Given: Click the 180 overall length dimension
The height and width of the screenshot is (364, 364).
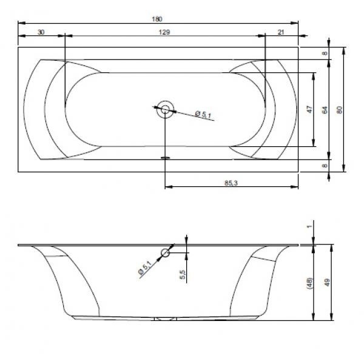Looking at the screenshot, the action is (157, 19).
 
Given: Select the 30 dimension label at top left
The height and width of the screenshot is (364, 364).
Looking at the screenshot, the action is (41, 32).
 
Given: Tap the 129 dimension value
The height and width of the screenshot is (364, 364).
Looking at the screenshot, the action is (164, 32).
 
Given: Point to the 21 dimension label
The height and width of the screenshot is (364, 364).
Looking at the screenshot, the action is (281, 32).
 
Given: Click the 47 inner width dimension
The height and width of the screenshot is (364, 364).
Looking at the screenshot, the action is (309, 109).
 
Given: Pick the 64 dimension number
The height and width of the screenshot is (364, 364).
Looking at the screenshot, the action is (325, 110).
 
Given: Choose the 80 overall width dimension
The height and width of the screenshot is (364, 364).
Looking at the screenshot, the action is (339, 110).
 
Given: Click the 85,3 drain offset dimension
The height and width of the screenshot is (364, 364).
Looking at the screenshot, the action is (231, 183).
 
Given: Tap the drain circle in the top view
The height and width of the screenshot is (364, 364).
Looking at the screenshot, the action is (165, 109).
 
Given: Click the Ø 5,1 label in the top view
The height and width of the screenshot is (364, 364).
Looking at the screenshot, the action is (203, 115).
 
